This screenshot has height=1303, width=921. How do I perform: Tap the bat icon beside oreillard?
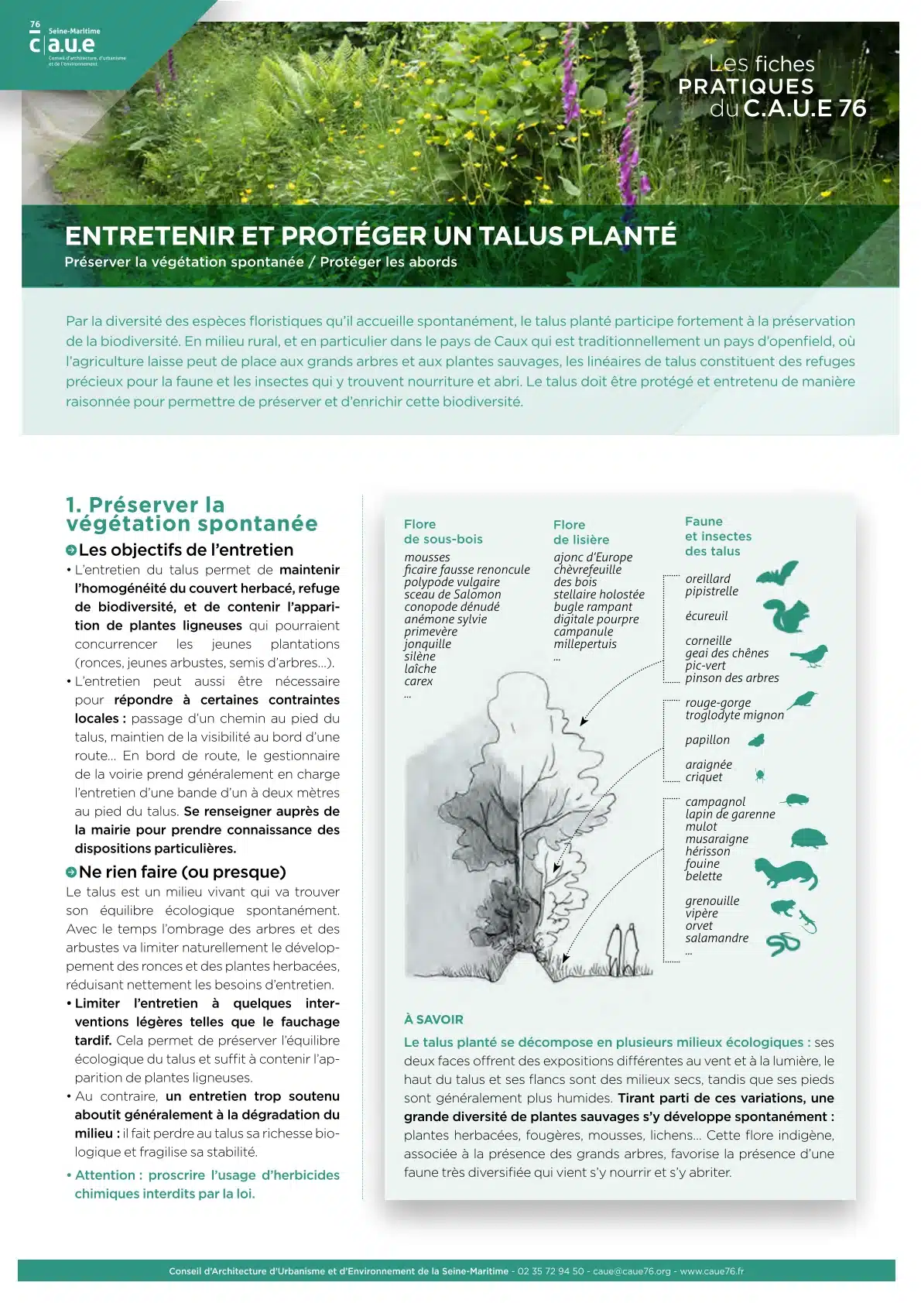click(776, 574)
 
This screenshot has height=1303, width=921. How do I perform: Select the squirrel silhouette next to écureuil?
click(786, 616)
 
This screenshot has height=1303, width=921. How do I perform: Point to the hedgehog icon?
click(810, 838)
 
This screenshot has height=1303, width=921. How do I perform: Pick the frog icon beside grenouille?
click(782, 907)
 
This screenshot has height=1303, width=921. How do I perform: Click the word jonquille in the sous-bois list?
click(427, 644)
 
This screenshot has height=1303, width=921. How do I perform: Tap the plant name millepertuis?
click(585, 644)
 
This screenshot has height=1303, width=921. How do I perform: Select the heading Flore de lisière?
click(580, 533)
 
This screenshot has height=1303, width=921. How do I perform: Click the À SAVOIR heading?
click(433, 1020)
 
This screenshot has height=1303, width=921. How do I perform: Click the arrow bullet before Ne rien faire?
click(71, 873)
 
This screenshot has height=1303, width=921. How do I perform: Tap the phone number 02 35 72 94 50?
click(550, 1271)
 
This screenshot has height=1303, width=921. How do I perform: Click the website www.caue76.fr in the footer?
click(711, 1271)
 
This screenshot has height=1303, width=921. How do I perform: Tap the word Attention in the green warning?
click(104, 1175)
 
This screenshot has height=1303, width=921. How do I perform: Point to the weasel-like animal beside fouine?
click(785, 873)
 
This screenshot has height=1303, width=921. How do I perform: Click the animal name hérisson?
click(707, 852)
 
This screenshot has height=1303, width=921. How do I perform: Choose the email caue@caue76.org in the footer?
click(632, 1271)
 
